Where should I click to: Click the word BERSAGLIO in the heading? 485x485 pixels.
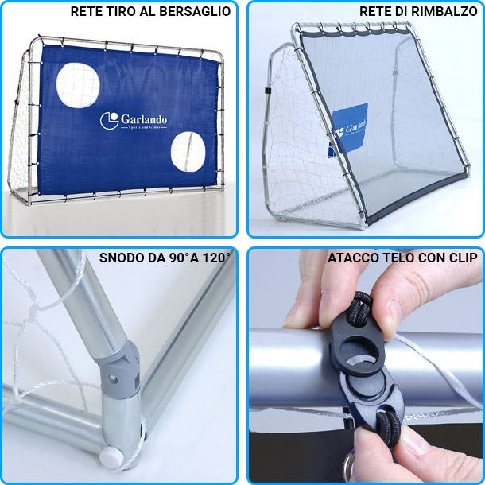pos(195,11)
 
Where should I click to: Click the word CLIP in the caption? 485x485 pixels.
pos(464,258)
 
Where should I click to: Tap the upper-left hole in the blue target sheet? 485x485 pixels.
pos(78,85)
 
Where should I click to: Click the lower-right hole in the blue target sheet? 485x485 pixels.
pos(188,152)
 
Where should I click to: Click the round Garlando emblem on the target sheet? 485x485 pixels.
pos(109,121)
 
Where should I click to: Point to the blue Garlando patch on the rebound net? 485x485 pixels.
pos(348,130)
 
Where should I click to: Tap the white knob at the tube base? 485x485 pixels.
pos(111,457)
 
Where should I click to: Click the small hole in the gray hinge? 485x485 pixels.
pos(112,378)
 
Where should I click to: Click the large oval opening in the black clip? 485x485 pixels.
pos(358,351)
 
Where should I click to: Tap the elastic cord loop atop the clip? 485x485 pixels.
pos(362,308)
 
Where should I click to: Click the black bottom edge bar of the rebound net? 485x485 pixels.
pos(417,198)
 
